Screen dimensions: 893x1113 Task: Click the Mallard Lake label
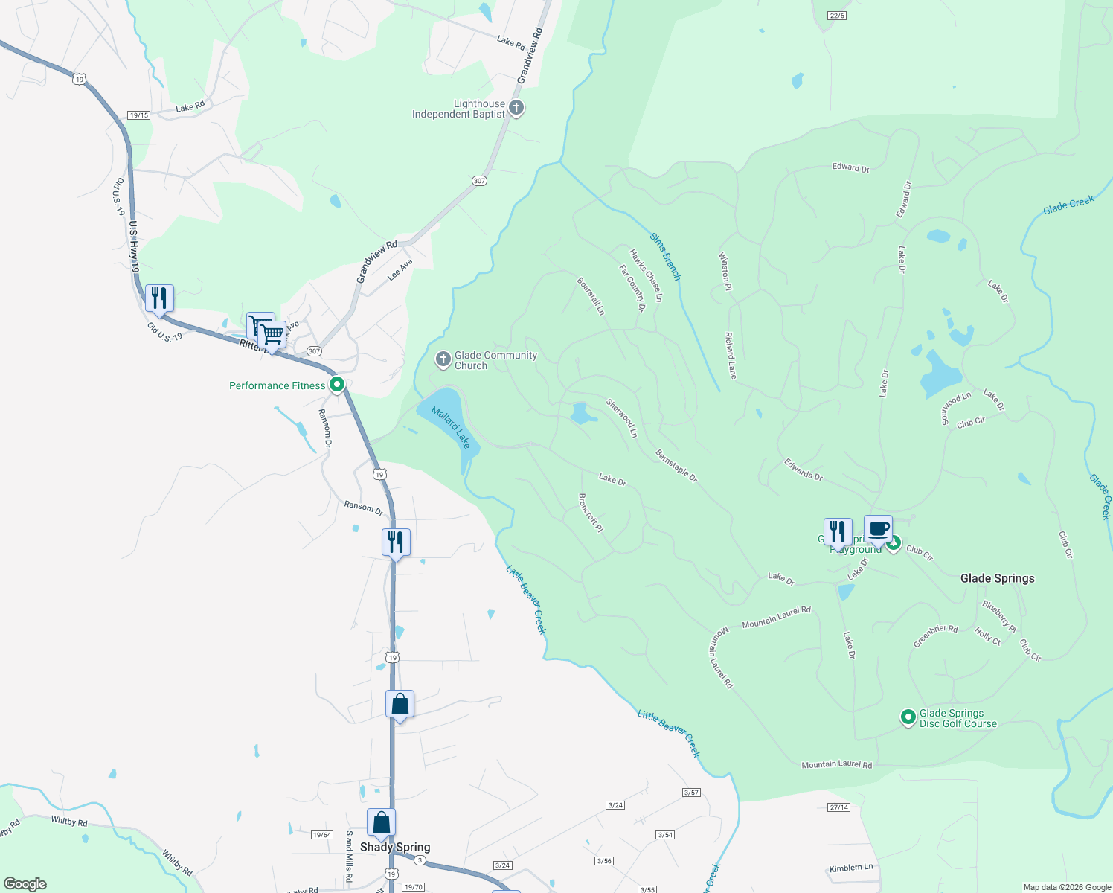[451, 427]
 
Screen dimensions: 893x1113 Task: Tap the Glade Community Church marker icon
[443, 361]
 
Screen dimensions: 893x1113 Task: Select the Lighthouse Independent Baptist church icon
[516, 109]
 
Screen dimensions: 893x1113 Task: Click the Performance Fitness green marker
[337, 385]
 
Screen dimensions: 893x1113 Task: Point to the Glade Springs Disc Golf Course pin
[908, 717]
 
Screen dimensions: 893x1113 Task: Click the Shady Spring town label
[395, 847]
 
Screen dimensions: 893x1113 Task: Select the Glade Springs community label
[997, 578]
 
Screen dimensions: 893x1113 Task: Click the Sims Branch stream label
[665, 257]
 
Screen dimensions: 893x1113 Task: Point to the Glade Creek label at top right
[1068, 205]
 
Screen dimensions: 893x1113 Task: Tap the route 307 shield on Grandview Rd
[479, 181]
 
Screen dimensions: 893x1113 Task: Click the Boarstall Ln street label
[591, 296]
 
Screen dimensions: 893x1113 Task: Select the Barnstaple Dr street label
[676, 465]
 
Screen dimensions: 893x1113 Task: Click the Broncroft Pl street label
[591, 512]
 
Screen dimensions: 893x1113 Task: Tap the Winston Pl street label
[725, 266]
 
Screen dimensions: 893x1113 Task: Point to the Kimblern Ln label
[851, 868]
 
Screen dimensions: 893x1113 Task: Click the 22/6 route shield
[837, 16]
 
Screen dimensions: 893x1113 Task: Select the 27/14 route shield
[838, 807]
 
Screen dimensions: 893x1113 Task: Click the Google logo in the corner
[25, 884]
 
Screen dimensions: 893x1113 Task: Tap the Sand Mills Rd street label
[348, 857]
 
